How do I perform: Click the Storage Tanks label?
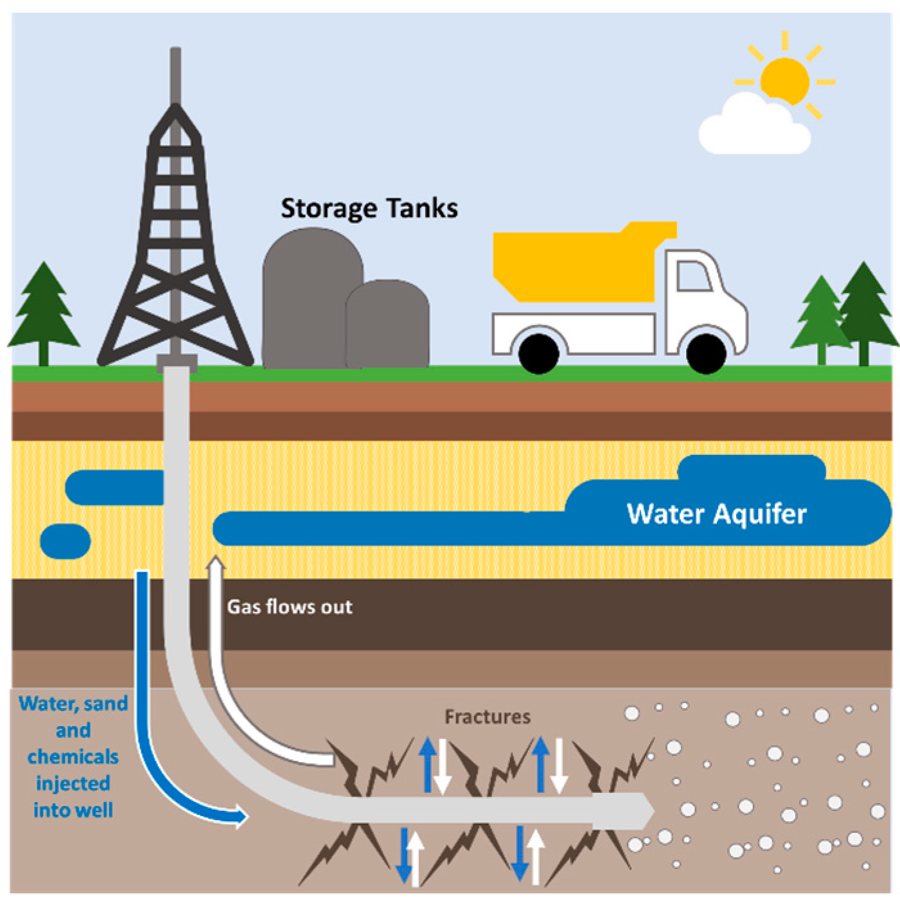point(369,209)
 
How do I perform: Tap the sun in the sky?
point(784,80)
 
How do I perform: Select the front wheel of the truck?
point(706,353)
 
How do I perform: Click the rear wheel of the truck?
point(538,353)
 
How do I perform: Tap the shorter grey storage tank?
point(387,325)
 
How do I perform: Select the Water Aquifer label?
point(716,514)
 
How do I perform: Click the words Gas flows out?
point(290,607)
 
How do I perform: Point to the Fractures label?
point(488,717)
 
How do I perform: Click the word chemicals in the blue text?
point(73,756)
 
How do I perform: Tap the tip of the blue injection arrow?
point(244,817)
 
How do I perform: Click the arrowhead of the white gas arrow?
point(216,564)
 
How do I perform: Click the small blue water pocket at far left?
point(65,540)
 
